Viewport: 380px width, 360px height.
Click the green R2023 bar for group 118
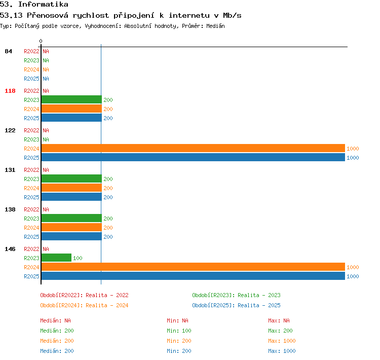pos(71,99)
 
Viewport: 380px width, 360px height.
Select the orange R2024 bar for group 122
pos(193,148)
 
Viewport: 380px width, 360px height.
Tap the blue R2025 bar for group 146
pos(193,276)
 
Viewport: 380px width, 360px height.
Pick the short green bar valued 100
pos(56,258)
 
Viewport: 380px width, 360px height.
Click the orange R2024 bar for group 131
pos(71,188)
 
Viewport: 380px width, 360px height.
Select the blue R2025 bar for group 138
pos(71,236)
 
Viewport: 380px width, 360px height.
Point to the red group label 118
pos(10,91)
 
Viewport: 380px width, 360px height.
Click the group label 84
pos(8,51)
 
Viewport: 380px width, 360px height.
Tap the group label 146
pos(10,249)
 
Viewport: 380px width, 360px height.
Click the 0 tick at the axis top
pos(41,41)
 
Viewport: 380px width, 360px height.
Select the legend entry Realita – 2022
pos(107,295)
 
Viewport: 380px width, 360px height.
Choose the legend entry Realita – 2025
pos(259,305)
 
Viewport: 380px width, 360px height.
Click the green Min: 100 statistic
pos(179,331)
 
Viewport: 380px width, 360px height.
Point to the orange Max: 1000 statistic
pos(282,341)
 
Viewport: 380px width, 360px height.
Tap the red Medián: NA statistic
pos(56,320)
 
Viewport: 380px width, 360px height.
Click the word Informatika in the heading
pos(43,4)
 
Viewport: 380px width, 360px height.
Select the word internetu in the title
pos(189,16)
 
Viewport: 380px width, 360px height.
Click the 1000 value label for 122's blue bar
pos(353,158)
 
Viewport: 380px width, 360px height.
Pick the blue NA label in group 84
pos(46,79)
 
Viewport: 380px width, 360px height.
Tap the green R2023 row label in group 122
pos(31,139)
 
